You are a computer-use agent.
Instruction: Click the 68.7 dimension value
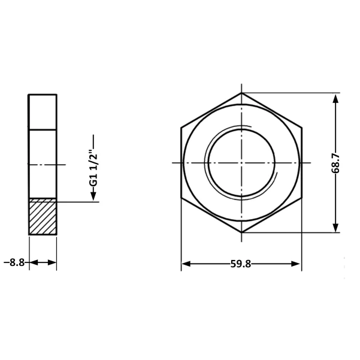pyautogui.click(x=335, y=164)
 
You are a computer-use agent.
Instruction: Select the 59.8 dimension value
pyautogui.click(x=241, y=264)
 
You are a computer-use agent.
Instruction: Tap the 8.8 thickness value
pyautogui.click(x=17, y=262)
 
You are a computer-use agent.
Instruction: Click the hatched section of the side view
pyautogui.click(x=43, y=216)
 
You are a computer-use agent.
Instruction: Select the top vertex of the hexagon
pyautogui.click(x=241, y=93)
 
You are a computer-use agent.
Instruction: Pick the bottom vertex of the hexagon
pyautogui.click(x=241, y=232)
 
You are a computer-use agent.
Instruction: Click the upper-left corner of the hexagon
pyautogui.click(x=181, y=128)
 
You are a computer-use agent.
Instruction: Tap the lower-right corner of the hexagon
pyautogui.click(x=302, y=198)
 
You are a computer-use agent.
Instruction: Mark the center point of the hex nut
pyautogui.click(x=241, y=163)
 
